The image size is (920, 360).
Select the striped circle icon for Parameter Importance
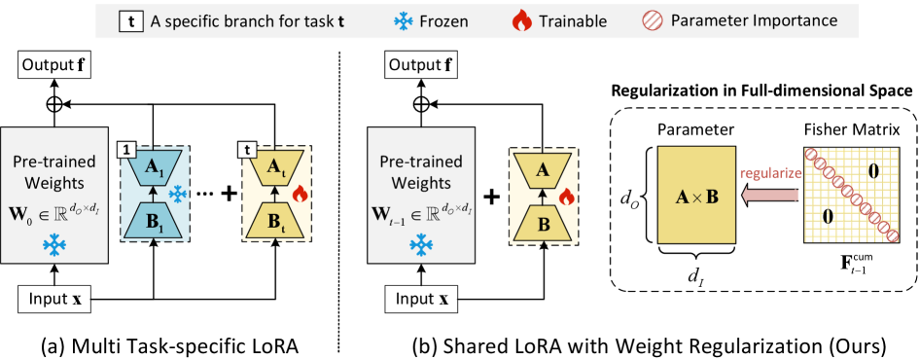(x=653, y=20)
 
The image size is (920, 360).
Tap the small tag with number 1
(x=125, y=150)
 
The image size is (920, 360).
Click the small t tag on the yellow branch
(x=247, y=150)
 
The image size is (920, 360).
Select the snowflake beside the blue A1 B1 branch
(x=177, y=196)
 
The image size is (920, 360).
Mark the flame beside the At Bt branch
(x=299, y=196)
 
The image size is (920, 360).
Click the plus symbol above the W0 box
(x=53, y=105)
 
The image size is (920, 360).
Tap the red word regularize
(x=768, y=174)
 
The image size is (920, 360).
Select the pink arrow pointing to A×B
(x=768, y=195)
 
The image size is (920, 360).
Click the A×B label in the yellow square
(x=697, y=197)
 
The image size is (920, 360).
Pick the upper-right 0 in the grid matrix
(x=873, y=171)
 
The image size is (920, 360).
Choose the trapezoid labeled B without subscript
(x=543, y=221)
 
